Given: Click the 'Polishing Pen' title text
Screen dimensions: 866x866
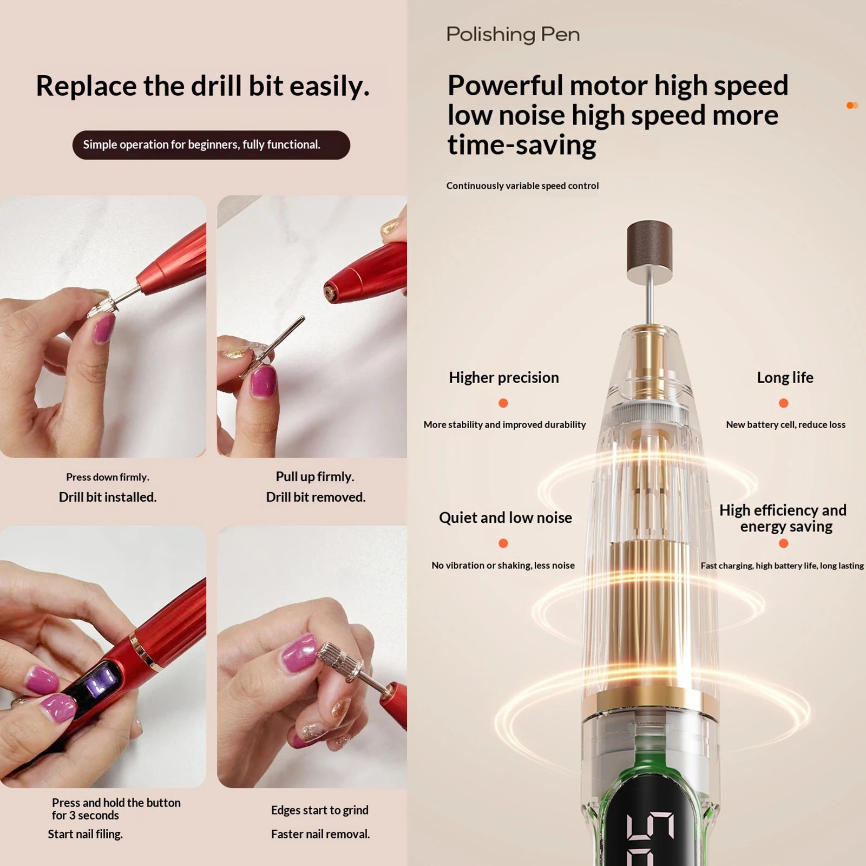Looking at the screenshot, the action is tap(513, 35).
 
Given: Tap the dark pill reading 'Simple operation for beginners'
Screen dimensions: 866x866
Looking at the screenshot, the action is tap(211, 145).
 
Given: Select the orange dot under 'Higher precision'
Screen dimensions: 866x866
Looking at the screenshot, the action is tap(503, 403).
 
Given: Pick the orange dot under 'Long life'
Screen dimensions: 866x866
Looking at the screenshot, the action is tap(783, 403).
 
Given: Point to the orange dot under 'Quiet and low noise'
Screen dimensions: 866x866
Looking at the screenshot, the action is tap(503, 543).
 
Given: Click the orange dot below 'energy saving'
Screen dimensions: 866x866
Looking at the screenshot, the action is tap(783, 543).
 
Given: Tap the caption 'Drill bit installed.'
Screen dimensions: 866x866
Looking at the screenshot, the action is tap(108, 497).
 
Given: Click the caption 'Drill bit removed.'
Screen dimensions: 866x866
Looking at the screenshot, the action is tap(316, 497).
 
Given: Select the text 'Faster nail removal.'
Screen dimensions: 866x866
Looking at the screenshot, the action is tap(320, 834).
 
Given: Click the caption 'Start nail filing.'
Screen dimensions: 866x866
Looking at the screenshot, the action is tap(85, 834).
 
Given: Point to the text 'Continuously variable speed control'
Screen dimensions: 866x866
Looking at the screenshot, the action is tap(522, 186).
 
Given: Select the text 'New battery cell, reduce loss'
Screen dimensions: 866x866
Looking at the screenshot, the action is tap(785, 425).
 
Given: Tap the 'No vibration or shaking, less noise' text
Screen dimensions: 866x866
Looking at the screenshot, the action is tap(503, 566).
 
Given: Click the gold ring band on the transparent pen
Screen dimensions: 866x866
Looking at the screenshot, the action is tap(650, 701).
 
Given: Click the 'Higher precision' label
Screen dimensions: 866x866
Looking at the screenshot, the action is tap(504, 377).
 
